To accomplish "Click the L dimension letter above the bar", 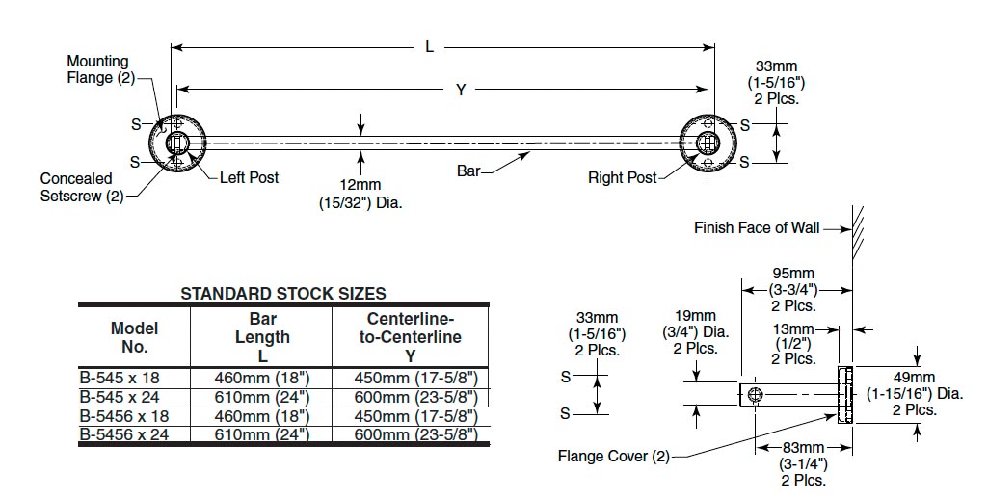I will [430, 46].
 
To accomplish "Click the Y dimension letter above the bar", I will [461, 90].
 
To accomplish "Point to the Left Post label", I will [249, 177].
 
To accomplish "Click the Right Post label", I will [622, 177].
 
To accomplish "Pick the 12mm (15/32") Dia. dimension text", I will [360, 194].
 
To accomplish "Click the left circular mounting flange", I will [176, 144].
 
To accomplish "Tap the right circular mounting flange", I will [707, 144].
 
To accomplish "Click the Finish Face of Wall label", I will [757, 228].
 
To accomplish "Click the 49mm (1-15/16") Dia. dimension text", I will [914, 393].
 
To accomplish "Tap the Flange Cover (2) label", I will [613, 456].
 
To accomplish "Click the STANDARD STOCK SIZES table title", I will [283, 293].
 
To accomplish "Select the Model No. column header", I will [134, 337].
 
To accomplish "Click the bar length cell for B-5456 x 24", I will [262, 433].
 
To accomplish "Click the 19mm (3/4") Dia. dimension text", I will [695, 331].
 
